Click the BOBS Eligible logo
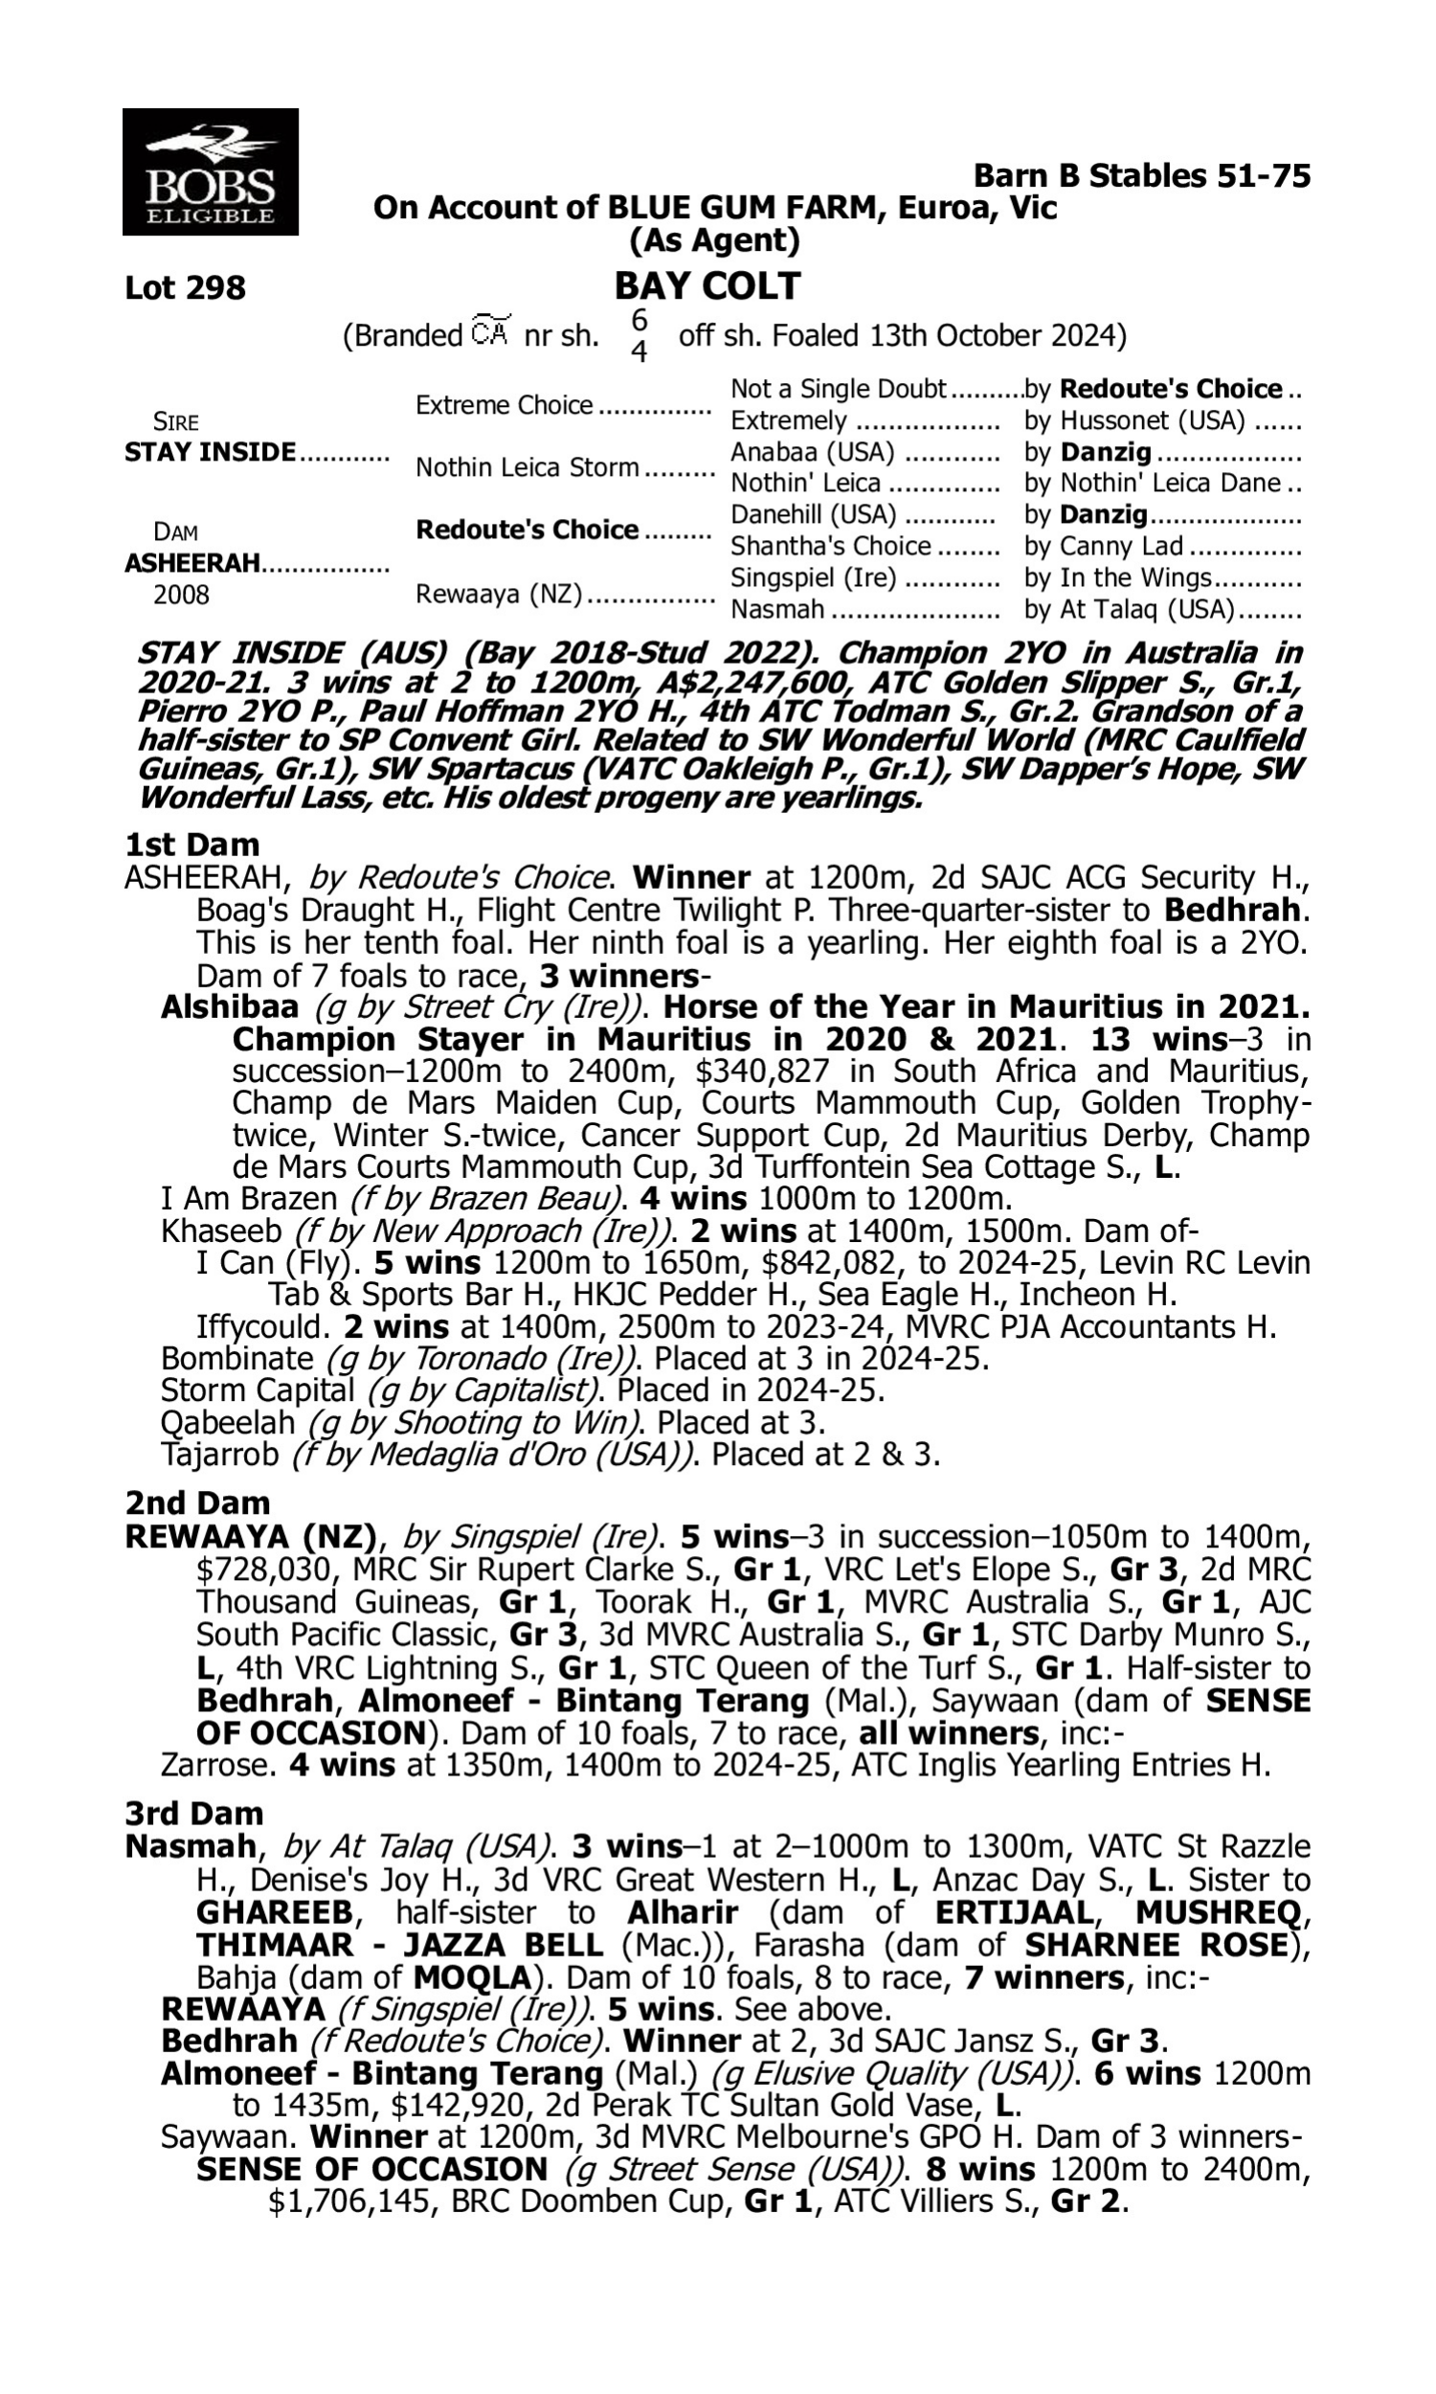(x=210, y=172)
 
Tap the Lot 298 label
(x=185, y=287)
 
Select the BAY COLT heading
(x=707, y=285)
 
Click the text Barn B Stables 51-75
(x=1141, y=175)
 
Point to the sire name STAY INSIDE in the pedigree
(x=210, y=452)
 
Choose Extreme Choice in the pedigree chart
(x=504, y=404)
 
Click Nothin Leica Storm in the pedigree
(x=527, y=467)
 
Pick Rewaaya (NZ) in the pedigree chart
(x=499, y=593)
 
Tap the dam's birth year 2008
(x=181, y=594)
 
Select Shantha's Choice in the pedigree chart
(x=830, y=546)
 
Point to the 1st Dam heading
(x=191, y=845)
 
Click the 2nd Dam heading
(x=196, y=1502)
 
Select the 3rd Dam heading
(x=193, y=1814)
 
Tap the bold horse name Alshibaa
(x=230, y=1007)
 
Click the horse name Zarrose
(x=217, y=1765)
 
